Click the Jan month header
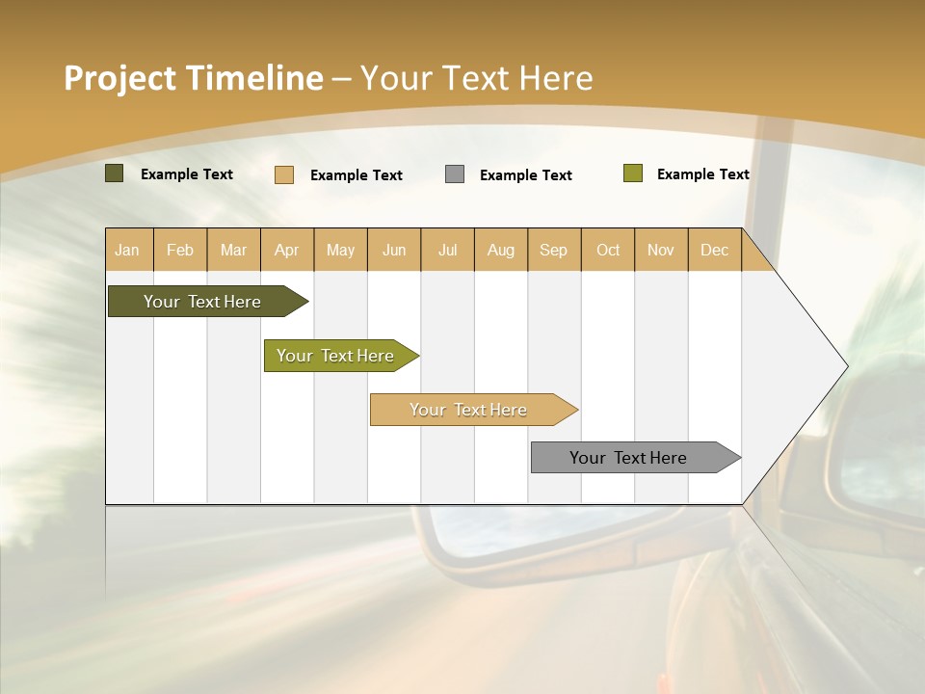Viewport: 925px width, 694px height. pyautogui.click(x=127, y=250)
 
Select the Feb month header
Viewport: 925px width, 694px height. pyautogui.click(x=180, y=250)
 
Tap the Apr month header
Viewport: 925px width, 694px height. pyautogui.click(x=287, y=250)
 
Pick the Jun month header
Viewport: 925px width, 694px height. pyautogui.click(x=394, y=250)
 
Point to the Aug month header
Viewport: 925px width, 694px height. pyautogui.click(x=501, y=250)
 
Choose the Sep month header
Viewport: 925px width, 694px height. pyautogui.click(x=553, y=250)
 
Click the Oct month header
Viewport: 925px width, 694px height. pyautogui.click(x=608, y=250)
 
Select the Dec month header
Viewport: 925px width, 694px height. pyautogui.click(x=715, y=250)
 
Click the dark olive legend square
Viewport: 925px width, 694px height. pyautogui.click(x=115, y=173)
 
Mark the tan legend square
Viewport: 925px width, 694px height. pyautogui.click(x=284, y=174)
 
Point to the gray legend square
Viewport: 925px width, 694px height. pyautogui.click(x=455, y=174)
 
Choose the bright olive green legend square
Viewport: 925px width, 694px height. pyautogui.click(x=633, y=173)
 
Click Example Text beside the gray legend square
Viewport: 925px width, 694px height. pyautogui.click(x=526, y=175)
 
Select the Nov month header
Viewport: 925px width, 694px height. pyautogui.click(x=661, y=250)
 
